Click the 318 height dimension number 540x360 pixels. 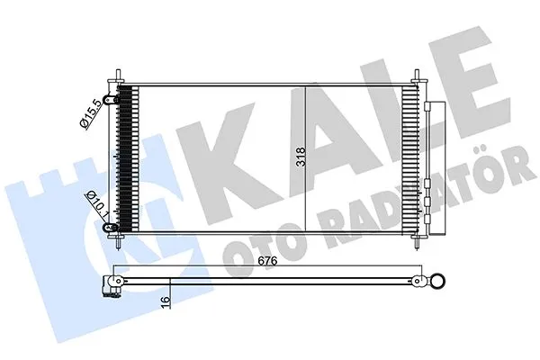click(x=301, y=157)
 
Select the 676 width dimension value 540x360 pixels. click(x=267, y=261)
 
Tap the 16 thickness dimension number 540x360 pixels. click(x=166, y=299)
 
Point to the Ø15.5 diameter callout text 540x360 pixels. click(x=91, y=113)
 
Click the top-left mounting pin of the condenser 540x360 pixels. click(x=119, y=76)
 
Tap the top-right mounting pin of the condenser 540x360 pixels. click(x=417, y=76)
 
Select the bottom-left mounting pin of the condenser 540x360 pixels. click(x=119, y=242)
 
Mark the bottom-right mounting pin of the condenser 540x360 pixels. click(x=417, y=242)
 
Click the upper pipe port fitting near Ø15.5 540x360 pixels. click(x=112, y=100)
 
